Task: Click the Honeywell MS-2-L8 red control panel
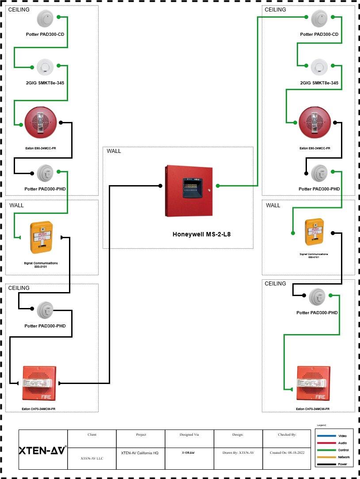pos(188,191)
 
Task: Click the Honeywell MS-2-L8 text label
pos(201,234)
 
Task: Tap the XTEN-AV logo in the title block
pos(42,450)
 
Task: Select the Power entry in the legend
pos(342,464)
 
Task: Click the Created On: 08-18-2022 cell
pos(286,452)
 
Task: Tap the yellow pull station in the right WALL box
pos(315,232)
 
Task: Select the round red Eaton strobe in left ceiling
pos(41,122)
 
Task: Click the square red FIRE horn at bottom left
pos(38,383)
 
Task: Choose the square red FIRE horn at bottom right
pos(313,383)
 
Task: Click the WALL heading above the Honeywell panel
pos(114,151)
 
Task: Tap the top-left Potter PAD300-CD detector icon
pos(45,18)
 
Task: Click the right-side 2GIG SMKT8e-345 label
pos(319,83)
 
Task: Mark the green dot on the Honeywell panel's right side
pos(218,186)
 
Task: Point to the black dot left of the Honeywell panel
pos(160,186)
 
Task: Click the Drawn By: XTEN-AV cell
pos(238,452)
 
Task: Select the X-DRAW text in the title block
pos(189,452)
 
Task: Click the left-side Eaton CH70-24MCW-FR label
pos(38,409)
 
